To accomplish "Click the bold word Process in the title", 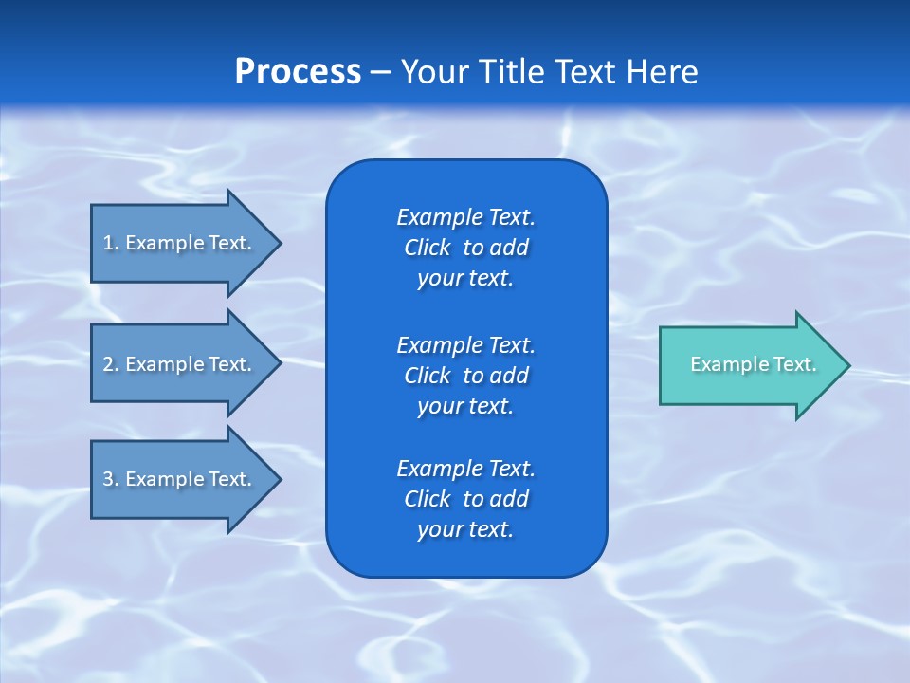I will point(298,72).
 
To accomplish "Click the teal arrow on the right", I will point(749,365).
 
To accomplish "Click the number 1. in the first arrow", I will point(111,243).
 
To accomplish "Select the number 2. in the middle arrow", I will point(111,364).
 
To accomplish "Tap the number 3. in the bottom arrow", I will point(111,479).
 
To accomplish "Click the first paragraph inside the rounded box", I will point(465,248).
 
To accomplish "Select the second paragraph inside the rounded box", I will point(465,376).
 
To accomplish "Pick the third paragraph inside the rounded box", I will point(465,499).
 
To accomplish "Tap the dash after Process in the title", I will point(380,72).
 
